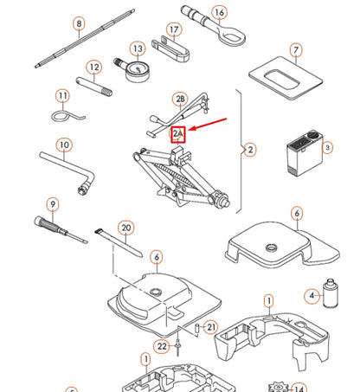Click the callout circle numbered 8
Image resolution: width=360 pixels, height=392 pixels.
pyautogui.click(x=79, y=23)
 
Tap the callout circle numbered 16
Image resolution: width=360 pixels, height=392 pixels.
pyautogui.click(x=219, y=13)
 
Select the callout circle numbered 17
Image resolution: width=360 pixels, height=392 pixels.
pyautogui.click(x=175, y=30)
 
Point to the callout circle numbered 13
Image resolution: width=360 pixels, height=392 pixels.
pyautogui.click(x=138, y=49)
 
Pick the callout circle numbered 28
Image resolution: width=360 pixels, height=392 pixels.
pyautogui.click(x=180, y=100)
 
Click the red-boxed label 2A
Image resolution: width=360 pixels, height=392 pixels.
pyautogui.click(x=178, y=133)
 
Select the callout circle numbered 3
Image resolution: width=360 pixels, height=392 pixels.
pyautogui.click(x=327, y=148)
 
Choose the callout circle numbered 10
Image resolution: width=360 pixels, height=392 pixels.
pyautogui.click(x=64, y=145)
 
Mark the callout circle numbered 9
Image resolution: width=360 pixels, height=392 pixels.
pyautogui.click(x=53, y=205)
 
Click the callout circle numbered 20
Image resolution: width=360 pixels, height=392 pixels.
pyautogui.click(x=126, y=228)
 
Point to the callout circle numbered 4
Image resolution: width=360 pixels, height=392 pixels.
pyautogui.click(x=312, y=296)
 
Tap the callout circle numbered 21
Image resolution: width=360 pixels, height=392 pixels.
pyautogui.click(x=212, y=326)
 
